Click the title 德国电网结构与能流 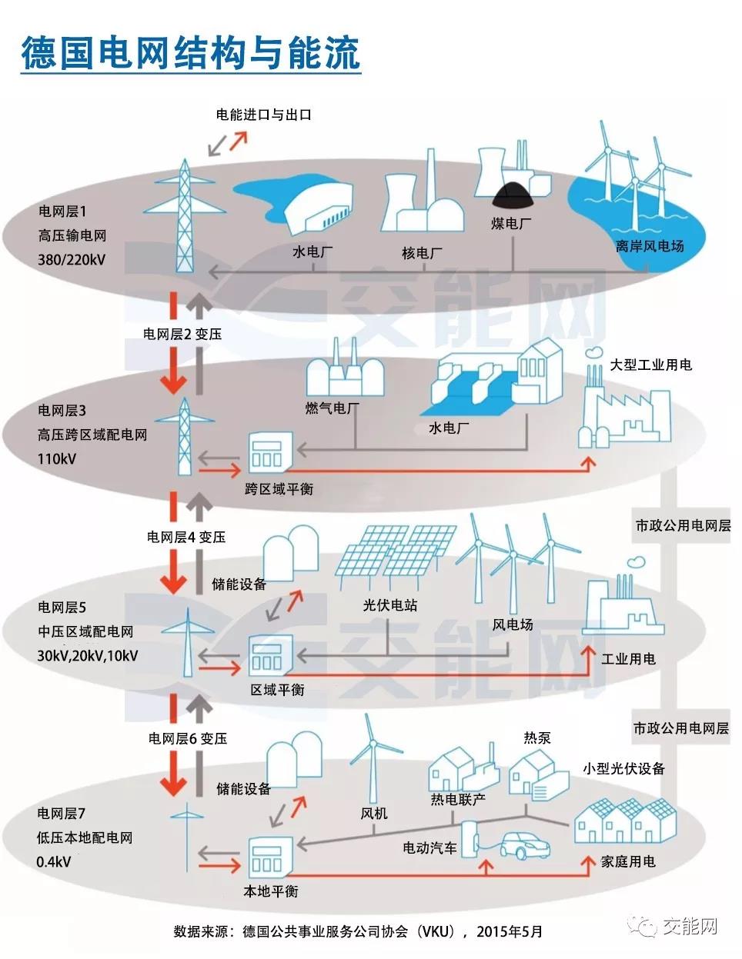pos(191,52)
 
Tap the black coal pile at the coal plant pos(510,196)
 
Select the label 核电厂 pos(422,253)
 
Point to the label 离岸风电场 pos(649,246)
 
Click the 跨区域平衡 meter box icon pos(269,451)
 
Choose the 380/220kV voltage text pos(72,260)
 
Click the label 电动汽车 pos(429,848)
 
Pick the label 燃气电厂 pos(333,408)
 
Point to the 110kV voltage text pos(57,459)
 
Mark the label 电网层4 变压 pos(186,537)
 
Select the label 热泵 pos(537,738)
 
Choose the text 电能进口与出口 pos(263,115)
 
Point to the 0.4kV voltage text pos(53,862)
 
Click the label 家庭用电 pos(627,862)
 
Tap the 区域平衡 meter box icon pos(269,655)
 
